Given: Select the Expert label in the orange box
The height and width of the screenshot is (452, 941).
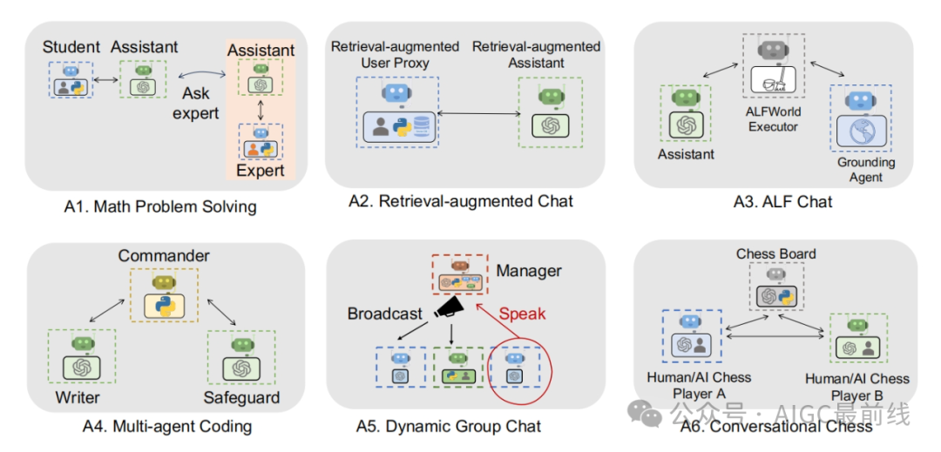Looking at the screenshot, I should [261, 170].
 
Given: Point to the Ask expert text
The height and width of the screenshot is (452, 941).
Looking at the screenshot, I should [196, 103].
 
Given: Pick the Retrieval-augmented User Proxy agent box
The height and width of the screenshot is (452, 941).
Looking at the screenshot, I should [397, 112].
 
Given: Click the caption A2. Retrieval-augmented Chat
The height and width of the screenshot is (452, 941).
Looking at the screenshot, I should [461, 201].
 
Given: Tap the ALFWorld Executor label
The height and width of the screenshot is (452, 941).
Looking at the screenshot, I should [773, 119].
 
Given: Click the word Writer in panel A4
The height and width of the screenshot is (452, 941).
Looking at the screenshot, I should [78, 397].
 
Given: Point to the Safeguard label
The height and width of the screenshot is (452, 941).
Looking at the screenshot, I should [241, 397].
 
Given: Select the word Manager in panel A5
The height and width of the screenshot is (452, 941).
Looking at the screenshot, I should [529, 271].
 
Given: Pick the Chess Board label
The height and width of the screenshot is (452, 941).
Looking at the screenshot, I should [776, 254].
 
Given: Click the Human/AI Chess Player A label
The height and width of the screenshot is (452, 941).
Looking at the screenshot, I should [699, 386].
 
